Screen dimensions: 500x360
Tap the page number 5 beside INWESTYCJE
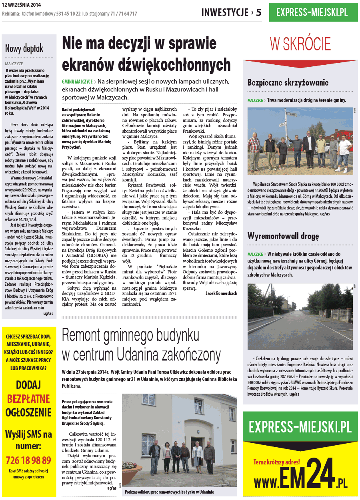point(258,12)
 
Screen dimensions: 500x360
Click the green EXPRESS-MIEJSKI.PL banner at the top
point(313,12)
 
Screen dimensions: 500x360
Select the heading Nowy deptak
point(24,49)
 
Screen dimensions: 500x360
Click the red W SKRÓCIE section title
point(300,44)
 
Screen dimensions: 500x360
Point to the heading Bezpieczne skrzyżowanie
point(288,83)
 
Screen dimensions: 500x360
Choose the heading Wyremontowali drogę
point(283,236)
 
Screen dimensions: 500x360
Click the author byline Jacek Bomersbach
point(221,293)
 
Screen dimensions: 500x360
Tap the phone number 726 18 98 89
point(28,460)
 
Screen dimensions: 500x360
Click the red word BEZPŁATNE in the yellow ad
point(28,398)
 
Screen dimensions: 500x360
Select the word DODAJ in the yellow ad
point(28,385)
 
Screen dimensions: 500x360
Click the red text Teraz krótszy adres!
point(276,462)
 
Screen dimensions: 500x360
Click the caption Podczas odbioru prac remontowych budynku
point(169,492)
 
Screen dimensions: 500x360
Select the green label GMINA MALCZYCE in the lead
point(77,81)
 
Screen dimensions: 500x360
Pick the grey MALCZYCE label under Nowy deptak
point(14,64)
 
